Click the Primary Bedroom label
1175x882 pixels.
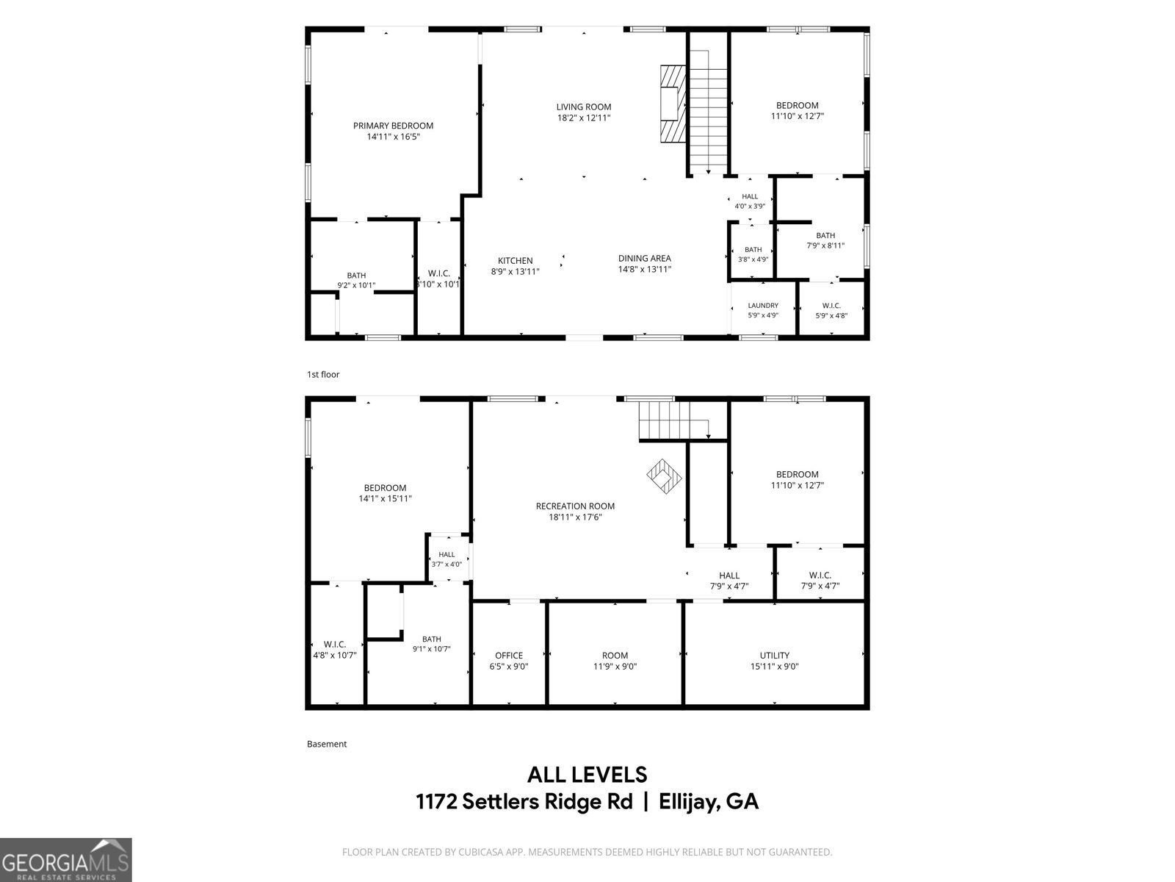click(x=393, y=126)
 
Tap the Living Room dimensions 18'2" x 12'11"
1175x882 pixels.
click(x=584, y=118)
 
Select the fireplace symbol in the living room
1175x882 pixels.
click(x=673, y=104)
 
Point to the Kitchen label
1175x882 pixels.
click(x=515, y=261)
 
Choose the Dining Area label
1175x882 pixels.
click(x=645, y=258)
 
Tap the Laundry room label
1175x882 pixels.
click(x=763, y=305)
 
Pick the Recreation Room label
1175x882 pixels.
click(x=575, y=506)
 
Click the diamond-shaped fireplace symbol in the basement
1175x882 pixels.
click(x=664, y=476)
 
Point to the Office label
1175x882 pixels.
click(x=508, y=656)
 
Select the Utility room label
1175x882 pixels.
click(x=775, y=656)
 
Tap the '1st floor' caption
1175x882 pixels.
click(x=323, y=374)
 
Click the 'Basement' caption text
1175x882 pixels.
click(x=327, y=744)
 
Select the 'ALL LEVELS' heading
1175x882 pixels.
click(x=587, y=775)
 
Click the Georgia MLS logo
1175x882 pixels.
click(x=66, y=859)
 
